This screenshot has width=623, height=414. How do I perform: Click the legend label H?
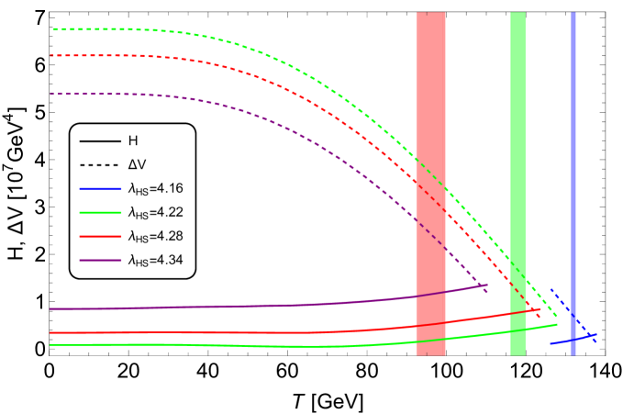pyautogui.click(x=133, y=141)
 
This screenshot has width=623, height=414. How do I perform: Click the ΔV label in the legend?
pyautogui.click(x=137, y=165)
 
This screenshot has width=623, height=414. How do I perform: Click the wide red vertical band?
pyautogui.click(x=430, y=92)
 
